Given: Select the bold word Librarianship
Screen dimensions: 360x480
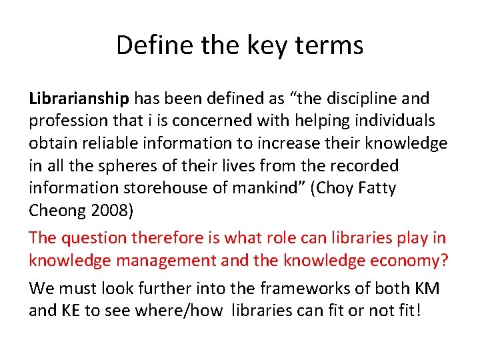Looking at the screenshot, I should point(79,99).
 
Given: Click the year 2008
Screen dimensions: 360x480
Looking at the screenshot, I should point(111,211).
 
